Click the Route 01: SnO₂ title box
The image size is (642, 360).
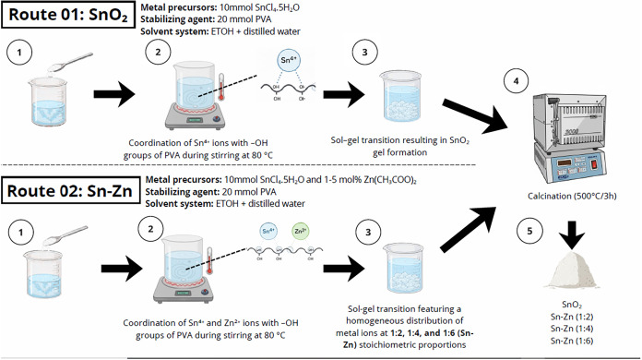[68, 15]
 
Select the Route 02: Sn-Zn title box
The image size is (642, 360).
[69, 191]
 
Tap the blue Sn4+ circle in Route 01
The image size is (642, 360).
[289, 60]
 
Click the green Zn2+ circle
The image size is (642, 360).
[301, 232]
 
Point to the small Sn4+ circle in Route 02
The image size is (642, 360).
[268, 232]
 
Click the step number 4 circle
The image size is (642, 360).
[516, 81]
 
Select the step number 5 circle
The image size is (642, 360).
[529, 231]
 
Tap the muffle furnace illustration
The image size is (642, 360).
[569, 138]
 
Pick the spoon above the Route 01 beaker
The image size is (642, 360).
[70, 62]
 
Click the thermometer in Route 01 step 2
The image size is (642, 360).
[221, 88]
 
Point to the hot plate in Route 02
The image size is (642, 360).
[184, 291]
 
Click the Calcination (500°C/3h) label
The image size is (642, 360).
[572, 197]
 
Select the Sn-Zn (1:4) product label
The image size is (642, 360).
[572, 329]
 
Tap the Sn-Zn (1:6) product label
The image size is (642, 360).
[572, 341]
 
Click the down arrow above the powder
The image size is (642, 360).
[572, 235]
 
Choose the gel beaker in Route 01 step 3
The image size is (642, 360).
[401, 96]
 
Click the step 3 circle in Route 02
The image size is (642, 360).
[368, 233]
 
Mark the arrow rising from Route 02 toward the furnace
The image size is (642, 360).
[468, 229]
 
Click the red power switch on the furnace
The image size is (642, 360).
[594, 164]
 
